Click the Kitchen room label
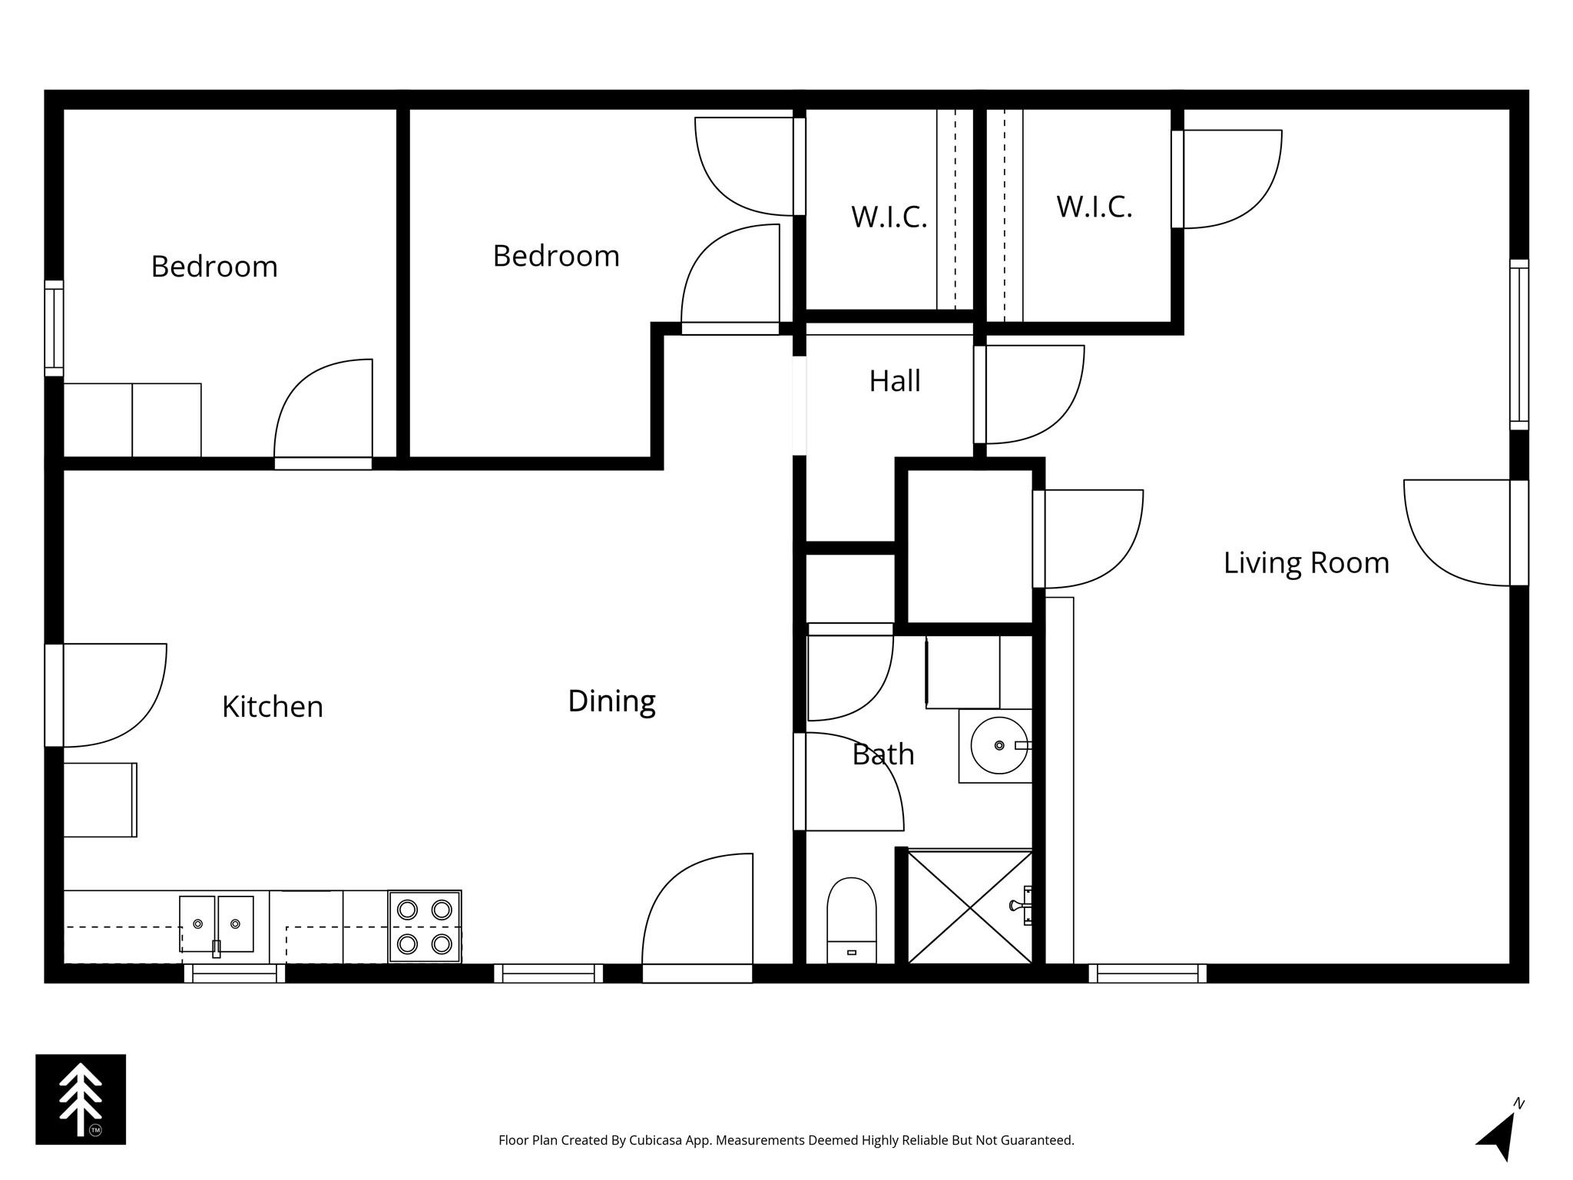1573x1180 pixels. (273, 707)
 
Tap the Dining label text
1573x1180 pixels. (611, 701)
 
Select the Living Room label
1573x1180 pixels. (1306, 563)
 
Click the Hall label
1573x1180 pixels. (895, 381)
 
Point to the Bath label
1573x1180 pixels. (883, 754)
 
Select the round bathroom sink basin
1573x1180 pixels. (998, 745)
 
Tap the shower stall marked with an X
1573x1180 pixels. (969, 907)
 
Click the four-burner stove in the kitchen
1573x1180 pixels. (424, 926)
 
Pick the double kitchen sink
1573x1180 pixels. (217, 924)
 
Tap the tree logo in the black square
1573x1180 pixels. (81, 1099)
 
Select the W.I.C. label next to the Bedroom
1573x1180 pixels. (889, 217)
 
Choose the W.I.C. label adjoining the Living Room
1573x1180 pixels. (1094, 207)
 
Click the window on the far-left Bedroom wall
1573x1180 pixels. (54, 328)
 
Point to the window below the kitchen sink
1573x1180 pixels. (234, 973)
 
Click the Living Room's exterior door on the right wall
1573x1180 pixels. (1518, 533)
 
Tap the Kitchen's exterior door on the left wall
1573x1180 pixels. (54, 695)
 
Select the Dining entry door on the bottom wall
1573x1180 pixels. (697, 973)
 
